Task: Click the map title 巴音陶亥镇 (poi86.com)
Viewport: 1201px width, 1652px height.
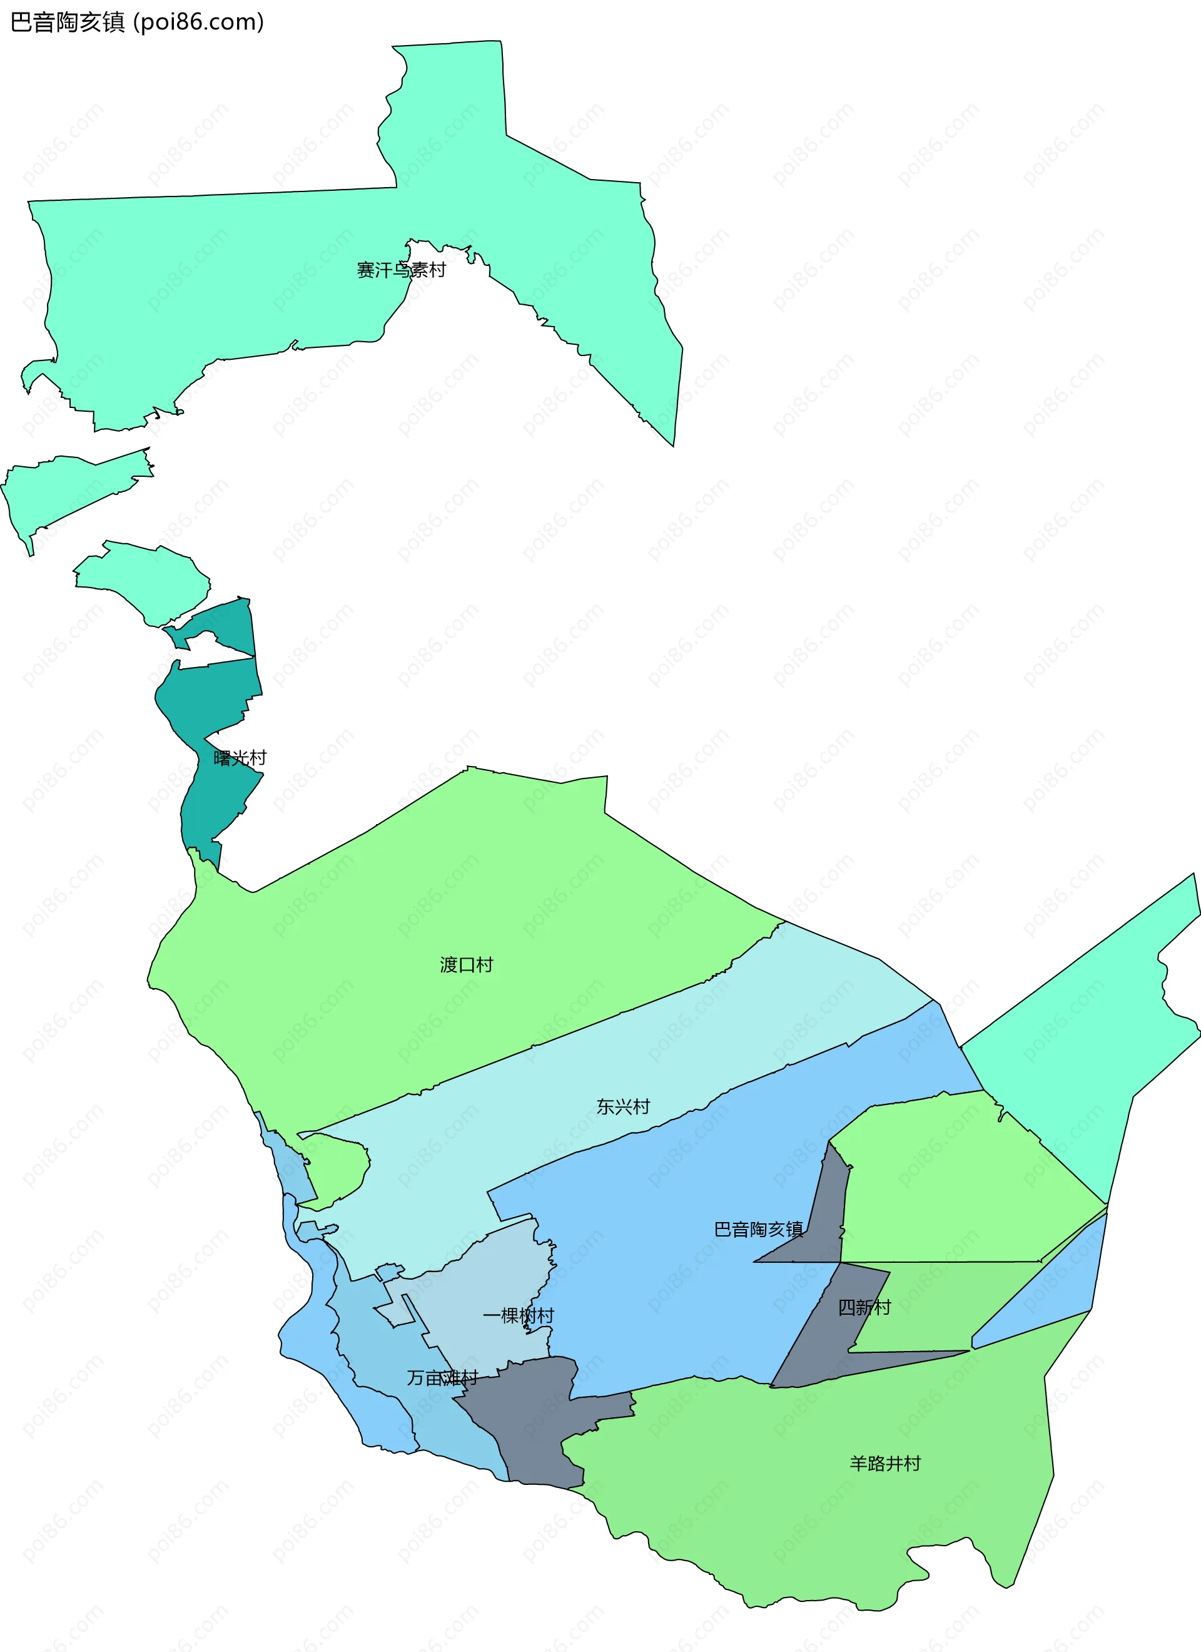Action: coord(137,22)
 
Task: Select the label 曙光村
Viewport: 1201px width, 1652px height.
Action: coord(240,758)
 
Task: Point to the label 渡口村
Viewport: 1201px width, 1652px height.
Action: coord(466,965)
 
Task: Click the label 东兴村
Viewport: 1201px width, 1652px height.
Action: coord(623,1107)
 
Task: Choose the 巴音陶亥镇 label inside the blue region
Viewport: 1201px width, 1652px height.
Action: coord(758,1230)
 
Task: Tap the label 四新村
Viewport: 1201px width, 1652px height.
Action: coord(864,1307)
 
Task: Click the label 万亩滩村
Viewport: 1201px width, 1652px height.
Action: coord(442,1378)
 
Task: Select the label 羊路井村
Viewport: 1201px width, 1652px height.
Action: coord(885,1464)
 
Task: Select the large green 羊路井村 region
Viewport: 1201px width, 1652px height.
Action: coord(801,1493)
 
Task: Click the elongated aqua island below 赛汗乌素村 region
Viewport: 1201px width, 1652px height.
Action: coord(66,488)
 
